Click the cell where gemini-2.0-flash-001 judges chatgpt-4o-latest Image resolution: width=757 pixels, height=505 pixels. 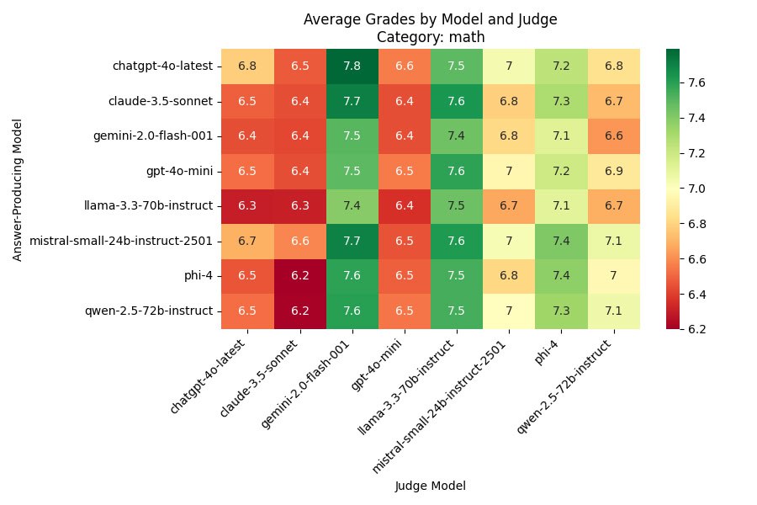tap(352, 66)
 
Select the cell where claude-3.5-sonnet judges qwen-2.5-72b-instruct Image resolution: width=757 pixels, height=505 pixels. tap(299, 311)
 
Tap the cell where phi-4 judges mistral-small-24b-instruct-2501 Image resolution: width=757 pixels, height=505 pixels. tap(561, 241)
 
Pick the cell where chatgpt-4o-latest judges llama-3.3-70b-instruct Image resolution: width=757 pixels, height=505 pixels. tap(247, 205)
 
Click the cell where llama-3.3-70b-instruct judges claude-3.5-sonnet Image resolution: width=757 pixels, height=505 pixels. tap(456, 101)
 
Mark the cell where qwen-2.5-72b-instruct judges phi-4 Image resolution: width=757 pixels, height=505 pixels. tap(613, 276)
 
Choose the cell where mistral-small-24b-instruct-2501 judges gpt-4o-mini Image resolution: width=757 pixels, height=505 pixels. tap(509, 171)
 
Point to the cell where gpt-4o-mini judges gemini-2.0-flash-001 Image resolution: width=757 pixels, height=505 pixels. tap(404, 136)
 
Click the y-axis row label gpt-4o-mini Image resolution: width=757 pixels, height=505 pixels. tap(183, 171)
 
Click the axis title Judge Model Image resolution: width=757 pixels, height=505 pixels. tap(430, 486)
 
